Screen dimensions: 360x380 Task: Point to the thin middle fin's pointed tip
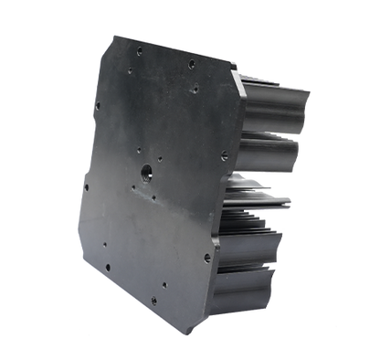click(x=295, y=199)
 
